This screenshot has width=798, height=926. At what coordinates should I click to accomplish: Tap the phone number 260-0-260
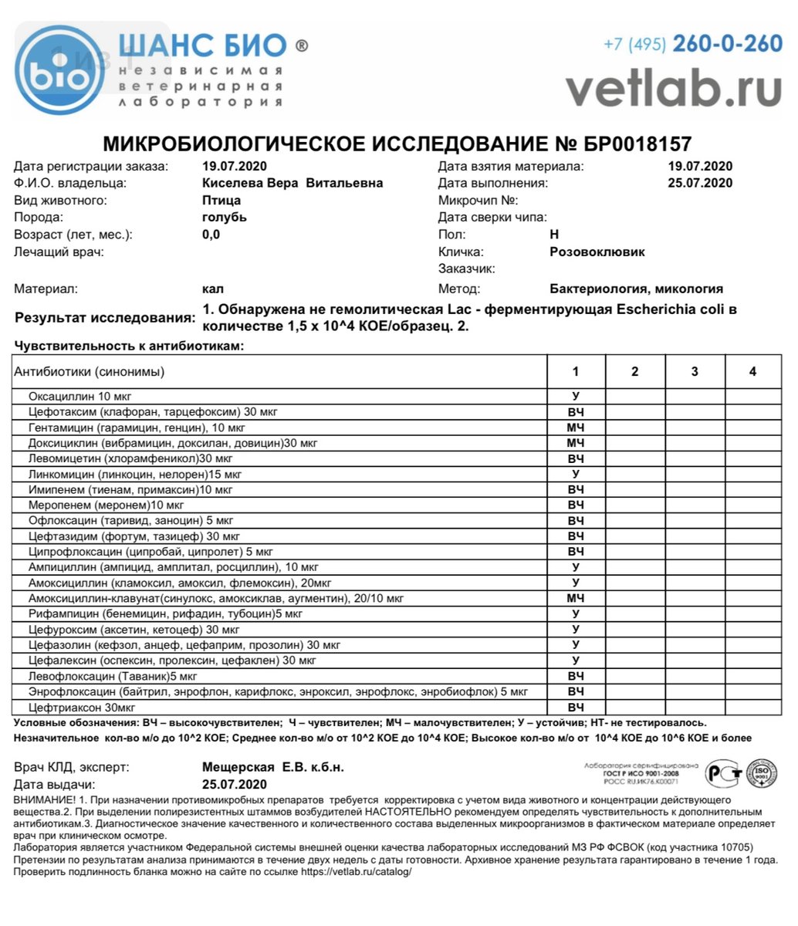coord(727,44)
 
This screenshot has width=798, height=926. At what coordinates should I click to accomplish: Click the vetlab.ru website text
coord(673,89)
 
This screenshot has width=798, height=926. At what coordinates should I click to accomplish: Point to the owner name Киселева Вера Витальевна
coord(292,183)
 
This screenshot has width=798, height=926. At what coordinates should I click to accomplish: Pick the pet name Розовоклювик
coord(597,252)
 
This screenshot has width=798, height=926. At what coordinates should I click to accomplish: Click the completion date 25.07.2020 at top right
coord(700,183)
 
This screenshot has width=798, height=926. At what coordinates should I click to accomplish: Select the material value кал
coord(213,289)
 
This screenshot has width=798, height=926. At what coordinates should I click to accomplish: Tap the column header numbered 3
coord(695,372)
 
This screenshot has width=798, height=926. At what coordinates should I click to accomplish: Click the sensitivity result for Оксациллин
coord(576,396)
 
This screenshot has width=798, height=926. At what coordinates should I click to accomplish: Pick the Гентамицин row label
coord(137,428)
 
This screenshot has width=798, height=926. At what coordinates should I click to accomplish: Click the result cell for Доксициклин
coord(576,443)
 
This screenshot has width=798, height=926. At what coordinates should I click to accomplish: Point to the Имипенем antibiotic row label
coord(120,489)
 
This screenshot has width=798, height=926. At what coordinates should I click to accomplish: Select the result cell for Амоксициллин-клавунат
coord(576,598)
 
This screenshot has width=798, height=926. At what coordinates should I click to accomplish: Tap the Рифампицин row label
coord(165,614)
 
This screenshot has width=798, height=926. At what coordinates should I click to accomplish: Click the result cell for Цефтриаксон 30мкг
coord(576,708)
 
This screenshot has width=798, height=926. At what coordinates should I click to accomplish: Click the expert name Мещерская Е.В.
coord(272,767)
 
